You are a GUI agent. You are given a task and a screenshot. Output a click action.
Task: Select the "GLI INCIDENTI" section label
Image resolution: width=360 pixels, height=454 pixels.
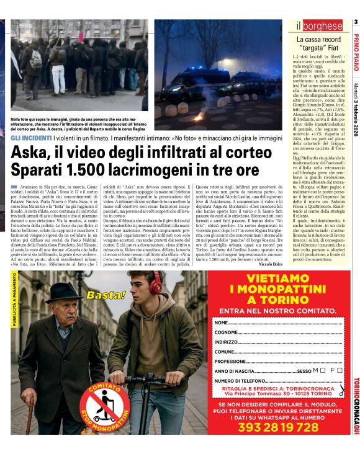pyautogui.click(x=29, y=138)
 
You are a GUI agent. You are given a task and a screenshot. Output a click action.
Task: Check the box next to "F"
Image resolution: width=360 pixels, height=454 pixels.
pyautogui.click(x=340, y=370)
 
